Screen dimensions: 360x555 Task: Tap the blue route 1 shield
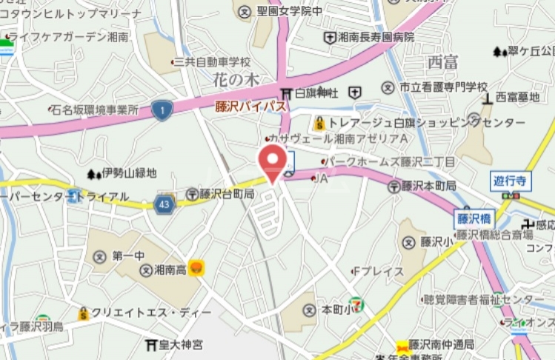pos(162,110)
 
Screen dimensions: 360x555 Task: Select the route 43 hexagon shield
pos(165,203)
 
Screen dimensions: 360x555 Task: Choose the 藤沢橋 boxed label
pos(470,219)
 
